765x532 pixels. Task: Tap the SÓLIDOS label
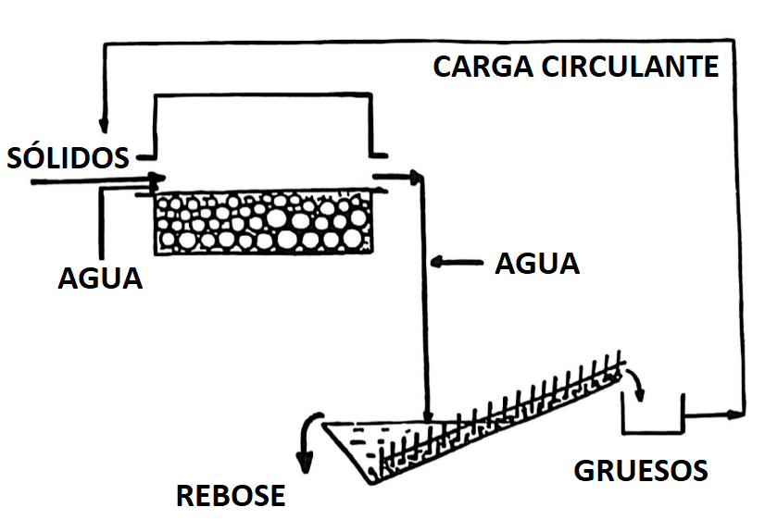coord(68,157)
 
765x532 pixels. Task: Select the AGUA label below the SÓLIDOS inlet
coord(100,278)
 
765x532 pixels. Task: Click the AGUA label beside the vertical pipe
coord(537,264)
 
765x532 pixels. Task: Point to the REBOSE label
coord(231,496)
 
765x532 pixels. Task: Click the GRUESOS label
coord(641,470)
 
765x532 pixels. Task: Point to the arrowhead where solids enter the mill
coord(158,179)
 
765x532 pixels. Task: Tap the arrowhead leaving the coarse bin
coord(738,414)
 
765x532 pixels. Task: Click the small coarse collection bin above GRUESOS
coord(652,415)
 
